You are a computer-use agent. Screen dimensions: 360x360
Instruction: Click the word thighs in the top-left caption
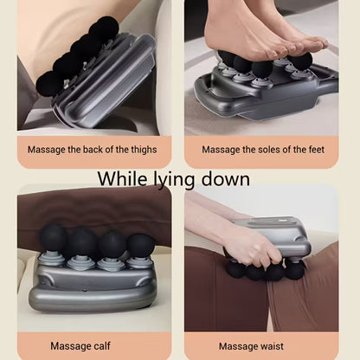click(x=139, y=149)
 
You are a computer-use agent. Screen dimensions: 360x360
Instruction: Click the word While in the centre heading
click(x=120, y=179)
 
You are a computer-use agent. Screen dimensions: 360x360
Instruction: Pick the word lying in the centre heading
click(x=173, y=181)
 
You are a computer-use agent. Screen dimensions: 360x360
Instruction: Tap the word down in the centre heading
click(x=226, y=179)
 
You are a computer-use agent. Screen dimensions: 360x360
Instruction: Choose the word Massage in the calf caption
click(x=73, y=345)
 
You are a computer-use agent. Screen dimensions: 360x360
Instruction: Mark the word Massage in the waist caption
click(x=242, y=345)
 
